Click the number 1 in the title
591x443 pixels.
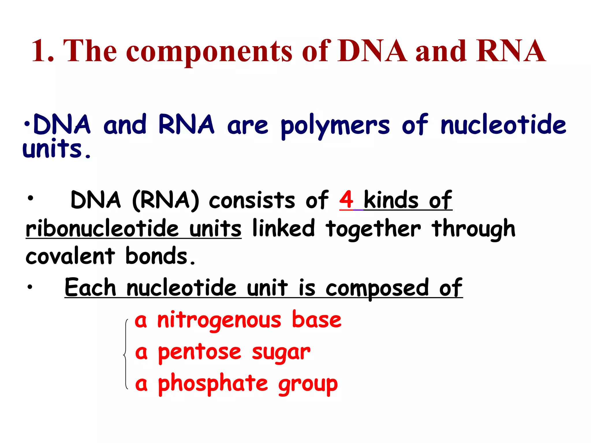(x=39, y=51)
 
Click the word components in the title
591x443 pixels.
(x=209, y=52)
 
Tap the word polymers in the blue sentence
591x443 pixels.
(x=335, y=126)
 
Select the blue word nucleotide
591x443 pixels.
(x=503, y=125)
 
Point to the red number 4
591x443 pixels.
(x=346, y=200)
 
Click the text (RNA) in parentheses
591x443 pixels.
(x=165, y=200)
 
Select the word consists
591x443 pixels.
(x=252, y=201)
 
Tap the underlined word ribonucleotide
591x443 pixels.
(x=102, y=229)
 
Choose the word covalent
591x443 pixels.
(x=70, y=256)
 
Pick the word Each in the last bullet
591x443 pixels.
(x=90, y=288)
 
